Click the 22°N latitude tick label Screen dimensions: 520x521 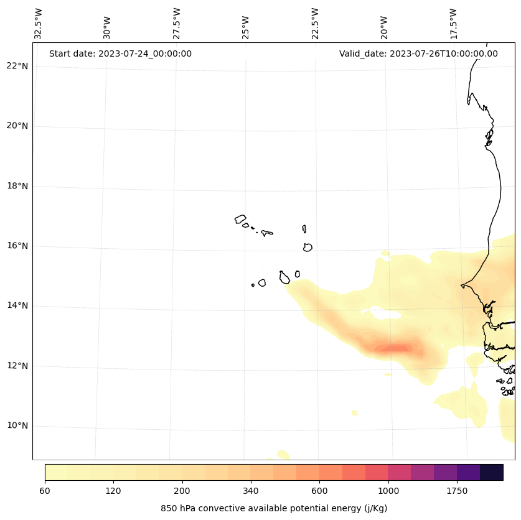pyautogui.click(x=17, y=66)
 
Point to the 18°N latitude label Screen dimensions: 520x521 pyautogui.click(x=17, y=186)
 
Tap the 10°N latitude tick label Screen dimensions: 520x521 pyautogui.click(x=17, y=426)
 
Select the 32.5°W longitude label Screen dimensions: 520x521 pyautogui.click(x=39, y=24)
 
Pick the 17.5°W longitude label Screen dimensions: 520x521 pyautogui.click(x=453, y=24)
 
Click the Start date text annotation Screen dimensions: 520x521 pyautogui.click(x=120, y=53)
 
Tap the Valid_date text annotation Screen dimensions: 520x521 pyautogui.click(x=418, y=53)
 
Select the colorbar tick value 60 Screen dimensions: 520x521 pyautogui.click(x=45, y=491)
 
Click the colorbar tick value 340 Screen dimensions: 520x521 pyautogui.click(x=251, y=491)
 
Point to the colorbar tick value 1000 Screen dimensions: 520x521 pyautogui.click(x=388, y=491)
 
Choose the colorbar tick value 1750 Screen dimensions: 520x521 pyautogui.click(x=457, y=491)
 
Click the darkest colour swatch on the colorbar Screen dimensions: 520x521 pyautogui.click(x=492, y=472)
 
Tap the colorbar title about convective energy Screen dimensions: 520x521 pyautogui.click(x=274, y=508)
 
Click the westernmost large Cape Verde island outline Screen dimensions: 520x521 pyautogui.click(x=240, y=219)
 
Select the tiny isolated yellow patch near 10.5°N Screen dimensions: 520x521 pyautogui.click(x=355, y=412)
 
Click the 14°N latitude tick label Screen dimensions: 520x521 pyautogui.click(x=17, y=306)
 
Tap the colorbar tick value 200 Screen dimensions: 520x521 pyautogui.click(x=182, y=491)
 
